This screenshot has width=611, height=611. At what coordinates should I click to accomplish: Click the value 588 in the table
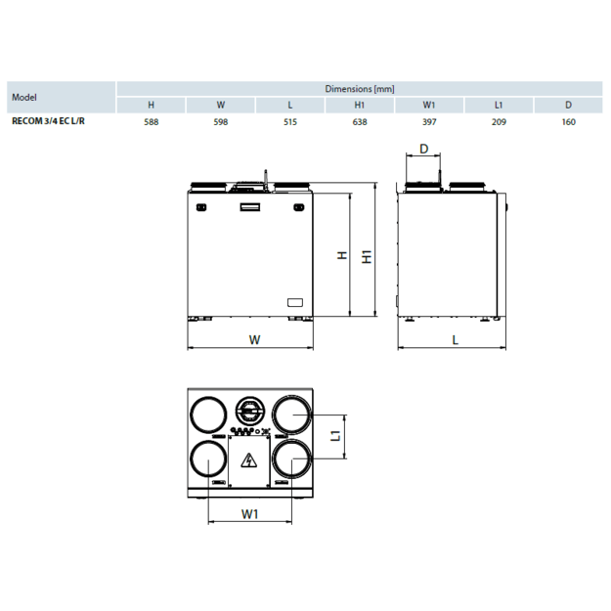point(151,122)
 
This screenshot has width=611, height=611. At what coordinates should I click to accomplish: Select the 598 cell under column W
point(220,122)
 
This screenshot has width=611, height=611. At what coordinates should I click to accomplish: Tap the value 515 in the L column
point(289,122)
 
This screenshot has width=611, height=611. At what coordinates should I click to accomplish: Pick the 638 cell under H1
point(359,122)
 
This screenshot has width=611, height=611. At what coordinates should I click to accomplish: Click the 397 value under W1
point(429,122)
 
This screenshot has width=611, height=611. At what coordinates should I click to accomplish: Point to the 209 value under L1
point(499,122)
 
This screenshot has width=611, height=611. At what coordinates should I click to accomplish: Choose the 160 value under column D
point(569,122)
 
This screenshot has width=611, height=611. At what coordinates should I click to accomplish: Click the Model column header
point(24,97)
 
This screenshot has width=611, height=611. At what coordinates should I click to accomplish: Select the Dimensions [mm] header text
point(359,89)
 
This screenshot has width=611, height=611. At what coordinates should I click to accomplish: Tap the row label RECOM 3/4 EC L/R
point(45,122)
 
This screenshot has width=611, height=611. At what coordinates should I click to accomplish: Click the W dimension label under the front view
point(253,340)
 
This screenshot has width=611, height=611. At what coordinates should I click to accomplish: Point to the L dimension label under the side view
point(456,339)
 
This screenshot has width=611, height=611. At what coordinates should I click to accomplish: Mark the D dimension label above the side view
point(423,149)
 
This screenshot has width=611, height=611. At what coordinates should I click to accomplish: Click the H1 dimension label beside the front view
point(366,256)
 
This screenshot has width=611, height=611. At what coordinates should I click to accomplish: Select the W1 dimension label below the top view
point(249,512)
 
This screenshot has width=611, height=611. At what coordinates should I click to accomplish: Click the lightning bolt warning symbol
point(248,461)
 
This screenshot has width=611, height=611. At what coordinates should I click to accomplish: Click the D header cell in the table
point(569,105)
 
